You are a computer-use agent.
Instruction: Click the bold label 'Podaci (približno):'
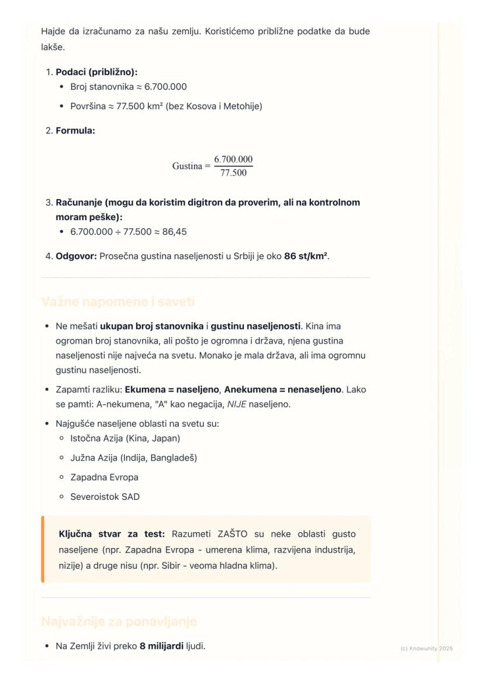click(96, 72)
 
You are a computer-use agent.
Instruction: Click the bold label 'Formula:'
click(75, 130)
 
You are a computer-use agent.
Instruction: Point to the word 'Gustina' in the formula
click(187, 166)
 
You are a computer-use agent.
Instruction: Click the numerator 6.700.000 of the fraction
click(233, 159)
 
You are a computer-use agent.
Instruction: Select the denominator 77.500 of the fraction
click(233, 173)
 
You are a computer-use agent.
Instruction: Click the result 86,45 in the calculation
click(173, 232)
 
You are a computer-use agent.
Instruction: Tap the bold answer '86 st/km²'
click(306, 256)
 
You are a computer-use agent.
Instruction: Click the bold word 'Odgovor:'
click(76, 256)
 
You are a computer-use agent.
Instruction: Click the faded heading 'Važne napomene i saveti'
click(118, 302)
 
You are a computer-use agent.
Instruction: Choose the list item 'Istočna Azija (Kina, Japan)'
click(125, 438)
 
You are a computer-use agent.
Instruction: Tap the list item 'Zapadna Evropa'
click(104, 477)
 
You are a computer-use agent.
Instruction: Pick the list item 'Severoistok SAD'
click(105, 497)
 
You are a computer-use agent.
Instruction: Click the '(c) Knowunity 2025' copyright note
click(426, 648)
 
